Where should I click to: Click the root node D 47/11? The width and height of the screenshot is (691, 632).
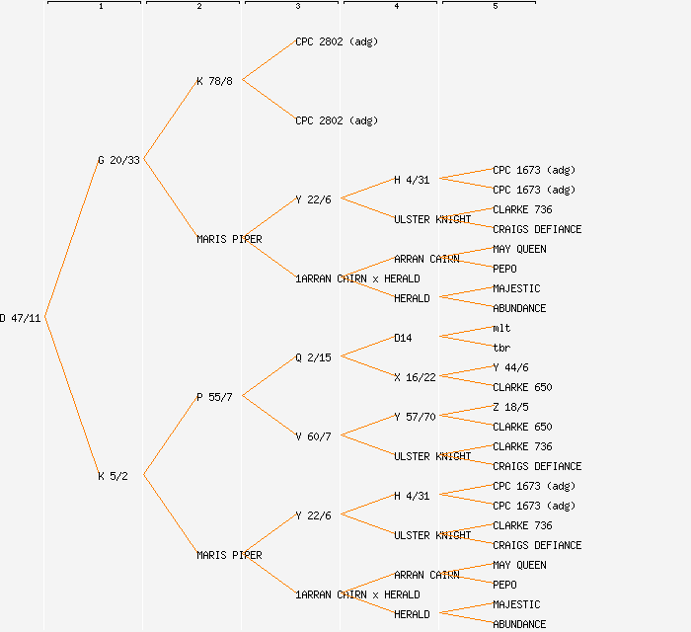click(x=21, y=318)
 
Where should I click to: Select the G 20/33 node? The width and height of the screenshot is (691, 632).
click(x=118, y=160)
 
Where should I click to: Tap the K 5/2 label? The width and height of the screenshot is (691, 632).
click(x=112, y=476)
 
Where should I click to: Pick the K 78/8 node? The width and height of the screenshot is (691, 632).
click(x=214, y=81)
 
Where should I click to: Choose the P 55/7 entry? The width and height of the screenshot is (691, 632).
click(x=214, y=397)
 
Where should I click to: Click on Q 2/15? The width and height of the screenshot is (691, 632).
click(x=313, y=357)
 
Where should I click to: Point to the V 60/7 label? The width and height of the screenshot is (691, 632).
click(x=313, y=436)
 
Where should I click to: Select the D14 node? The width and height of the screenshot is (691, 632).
click(x=403, y=338)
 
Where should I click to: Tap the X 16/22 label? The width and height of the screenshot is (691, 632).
click(x=415, y=377)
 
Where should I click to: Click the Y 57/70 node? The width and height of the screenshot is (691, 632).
click(x=415, y=417)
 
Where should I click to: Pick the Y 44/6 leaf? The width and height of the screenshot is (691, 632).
click(x=510, y=367)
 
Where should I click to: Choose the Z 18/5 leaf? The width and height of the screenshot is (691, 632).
click(x=510, y=407)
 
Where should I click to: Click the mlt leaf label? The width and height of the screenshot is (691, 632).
click(x=501, y=328)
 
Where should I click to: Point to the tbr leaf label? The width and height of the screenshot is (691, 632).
click(x=501, y=348)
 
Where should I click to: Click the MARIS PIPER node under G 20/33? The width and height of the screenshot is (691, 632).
click(x=229, y=239)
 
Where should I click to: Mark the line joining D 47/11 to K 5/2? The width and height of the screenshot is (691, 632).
click(x=71, y=397)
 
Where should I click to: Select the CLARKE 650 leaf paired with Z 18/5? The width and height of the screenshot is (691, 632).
click(x=522, y=427)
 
